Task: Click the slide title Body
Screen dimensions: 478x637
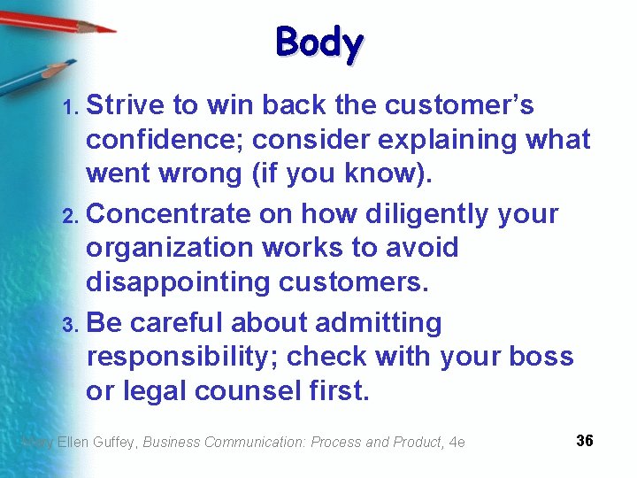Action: pos(319,42)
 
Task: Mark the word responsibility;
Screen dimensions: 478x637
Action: pos(182,357)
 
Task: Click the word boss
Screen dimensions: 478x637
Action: pos(541,357)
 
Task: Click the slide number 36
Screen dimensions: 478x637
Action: pos(584,441)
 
